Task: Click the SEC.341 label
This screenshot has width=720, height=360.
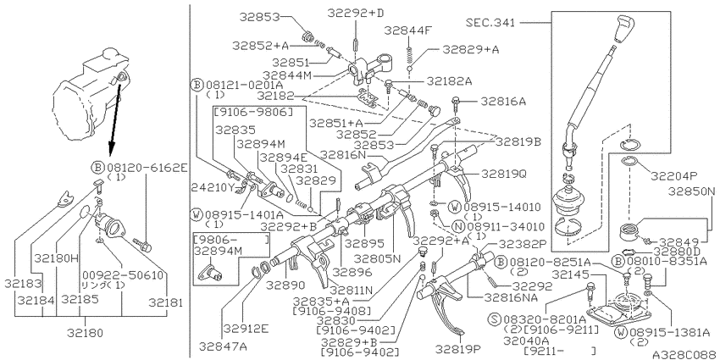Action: [x=490, y=22]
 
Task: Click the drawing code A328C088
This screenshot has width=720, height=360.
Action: [x=685, y=354]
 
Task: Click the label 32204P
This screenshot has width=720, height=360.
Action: [x=674, y=176]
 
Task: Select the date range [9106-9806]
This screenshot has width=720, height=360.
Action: [x=252, y=112]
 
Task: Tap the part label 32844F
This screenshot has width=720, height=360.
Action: [x=408, y=30]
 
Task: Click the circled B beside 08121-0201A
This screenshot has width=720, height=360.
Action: [x=197, y=85]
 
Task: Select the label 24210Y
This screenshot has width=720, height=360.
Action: [x=213, y=187]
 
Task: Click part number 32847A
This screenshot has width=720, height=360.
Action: [x=223, y=346]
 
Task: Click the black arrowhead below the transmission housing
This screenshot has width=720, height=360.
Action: [x=111, y=150]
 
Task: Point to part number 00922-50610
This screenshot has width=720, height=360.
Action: [x=123, y=275]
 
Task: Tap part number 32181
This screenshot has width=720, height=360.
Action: [x=165, y=302]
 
